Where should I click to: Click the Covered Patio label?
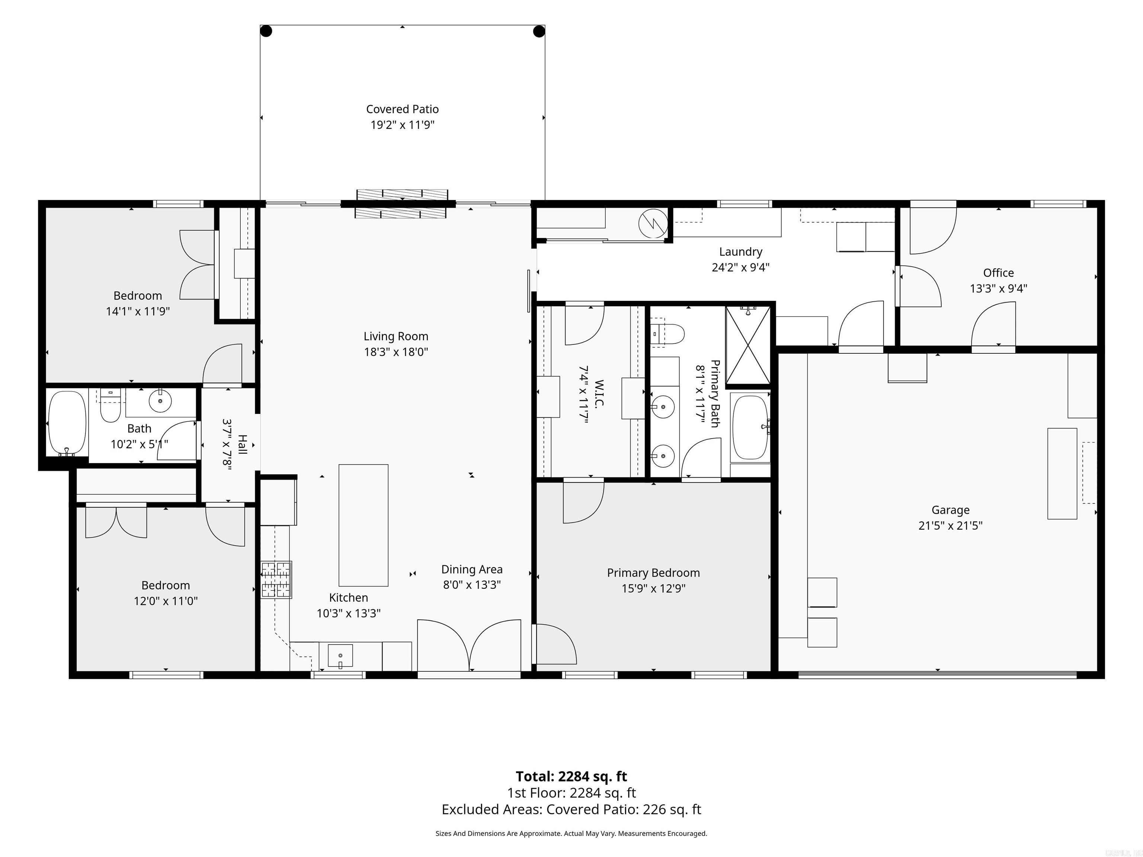point(403,109)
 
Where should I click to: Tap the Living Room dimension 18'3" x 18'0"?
point(396,352)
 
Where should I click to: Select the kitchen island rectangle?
point(363,525)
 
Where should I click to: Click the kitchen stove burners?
point(276,580)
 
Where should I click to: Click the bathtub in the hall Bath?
point(67,423)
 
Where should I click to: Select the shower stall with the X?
point(748,345)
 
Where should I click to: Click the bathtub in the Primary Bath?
point(751,427)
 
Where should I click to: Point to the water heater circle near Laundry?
point(653,224)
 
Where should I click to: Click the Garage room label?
point(950,510)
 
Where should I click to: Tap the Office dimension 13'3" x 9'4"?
point(998,288)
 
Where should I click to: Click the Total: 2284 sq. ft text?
point(571,776)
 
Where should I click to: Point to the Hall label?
point(242,445)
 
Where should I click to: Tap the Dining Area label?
point(472,569)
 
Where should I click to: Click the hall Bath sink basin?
point(160,400)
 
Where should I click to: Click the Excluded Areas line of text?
point(571,809)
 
